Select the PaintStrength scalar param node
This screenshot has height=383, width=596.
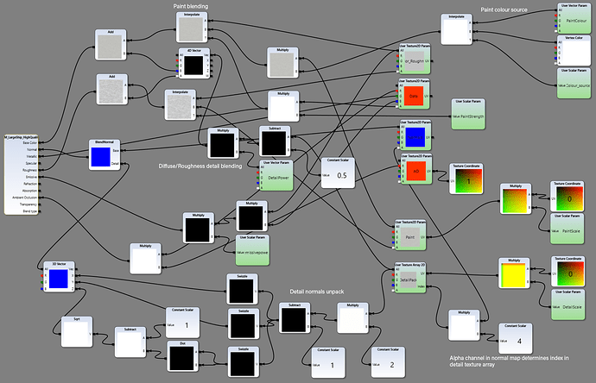pyautogui.click(x=474, y=114)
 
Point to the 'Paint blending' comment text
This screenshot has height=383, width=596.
pyautogui.click(x=191, y=6)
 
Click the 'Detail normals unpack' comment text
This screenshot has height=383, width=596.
pyautogui.click(x=316, y=292)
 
